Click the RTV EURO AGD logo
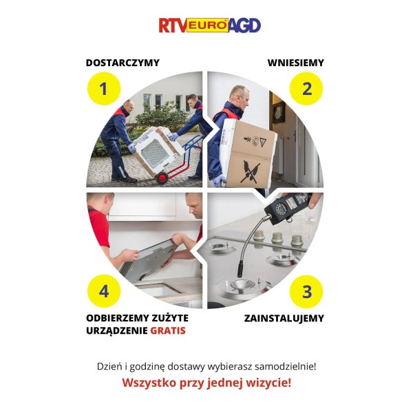click(x=210, y=25)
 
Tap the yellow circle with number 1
click(x=104, y=89)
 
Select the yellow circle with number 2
click(x=306, y=89)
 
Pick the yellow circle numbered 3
click(x=306, y=292)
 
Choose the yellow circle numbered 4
click(x=104, y=291)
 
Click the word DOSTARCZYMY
click(x=123, y=63)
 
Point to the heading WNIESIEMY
click(x=296, y=63)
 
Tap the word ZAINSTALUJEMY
click(x=284, y=318)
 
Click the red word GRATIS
click(x=168, y=330)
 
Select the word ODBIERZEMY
click(x=117, y=318)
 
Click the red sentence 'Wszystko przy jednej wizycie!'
click(x=206, y=383)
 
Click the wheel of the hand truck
click(x=162, y=178)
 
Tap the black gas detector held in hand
click(x=288, y=208)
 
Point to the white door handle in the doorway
click(x=295, y=136)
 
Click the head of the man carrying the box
click(x=239, y=96)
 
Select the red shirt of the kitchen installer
click(x=98, y=225)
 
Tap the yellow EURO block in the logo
click(x=208, y=25)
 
